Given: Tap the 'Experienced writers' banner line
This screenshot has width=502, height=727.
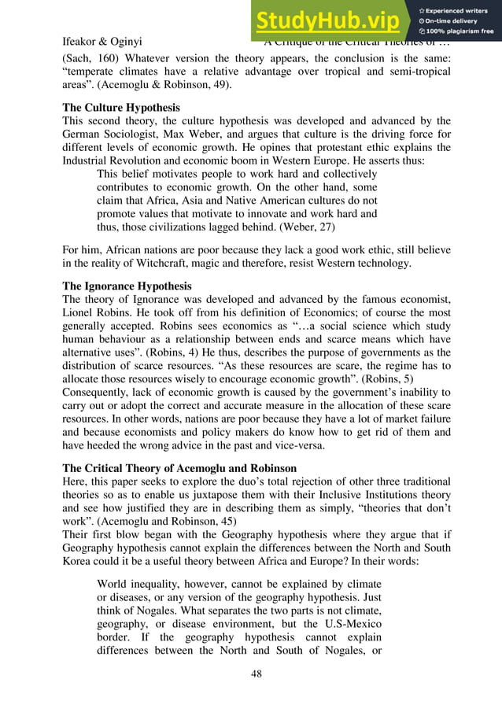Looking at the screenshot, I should point(457,9).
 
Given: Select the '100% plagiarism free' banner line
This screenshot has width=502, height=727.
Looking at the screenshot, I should point(457,31).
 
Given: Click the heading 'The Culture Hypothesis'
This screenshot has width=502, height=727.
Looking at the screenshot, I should point(120,106).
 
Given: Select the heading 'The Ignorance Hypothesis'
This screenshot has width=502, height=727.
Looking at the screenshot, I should point(127,286).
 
